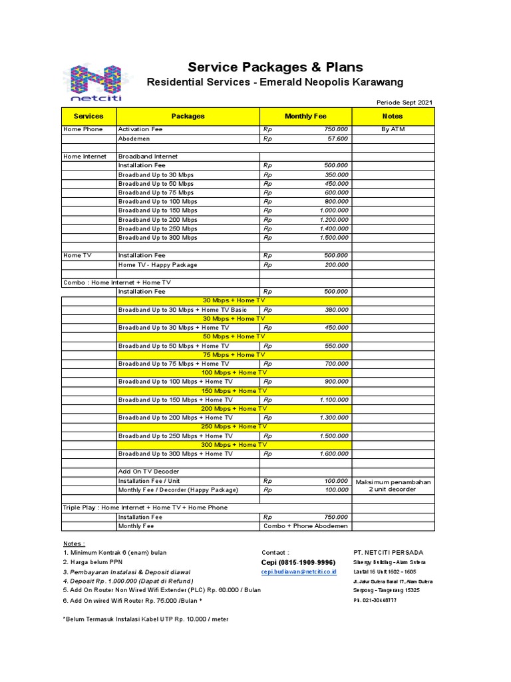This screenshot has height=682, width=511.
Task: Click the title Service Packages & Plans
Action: pyautogui.click(x=275, y=67)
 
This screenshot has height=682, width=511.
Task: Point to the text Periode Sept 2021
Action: pyautogui.click(x=405, y=102)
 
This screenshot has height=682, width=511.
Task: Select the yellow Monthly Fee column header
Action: pyautogui.click(x=305, y=116)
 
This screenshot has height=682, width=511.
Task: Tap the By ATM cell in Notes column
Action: pyautogui.click(x=393, y=129)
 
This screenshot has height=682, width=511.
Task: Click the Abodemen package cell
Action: pyautogui.click(x=134, y=139)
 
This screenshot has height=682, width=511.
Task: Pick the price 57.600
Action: pyautogui.click(x=337, y=139)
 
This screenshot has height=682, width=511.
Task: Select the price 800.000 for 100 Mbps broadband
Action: pyautogui.click(x=335, y=201)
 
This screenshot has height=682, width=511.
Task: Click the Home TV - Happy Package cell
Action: pyautogui.click(x=158, y=264)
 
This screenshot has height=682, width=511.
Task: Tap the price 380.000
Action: pyautogui.click(x=335, y=310)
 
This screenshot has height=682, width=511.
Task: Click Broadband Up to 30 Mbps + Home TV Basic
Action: pyautogui.click(x=182, y=310)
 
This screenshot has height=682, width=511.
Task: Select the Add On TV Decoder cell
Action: pyautogui.click(x=148, y=472)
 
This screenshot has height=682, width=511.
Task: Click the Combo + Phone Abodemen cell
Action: pyautogui.click(x=305, y=525)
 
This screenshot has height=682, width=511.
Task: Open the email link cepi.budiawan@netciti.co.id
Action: pyautogui.click(x=299, y=571)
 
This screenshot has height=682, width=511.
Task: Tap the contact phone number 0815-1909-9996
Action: pyautogui.click(x=298, y=562)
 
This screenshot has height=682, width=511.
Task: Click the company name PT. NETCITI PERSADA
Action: pyautogui.click(x=388, y=552)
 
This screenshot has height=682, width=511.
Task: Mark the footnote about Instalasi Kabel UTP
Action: pyautogui.click(x=145, y=619)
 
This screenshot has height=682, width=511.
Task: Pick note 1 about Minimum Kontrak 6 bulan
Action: pyautogui.click(x=114, y=552)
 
